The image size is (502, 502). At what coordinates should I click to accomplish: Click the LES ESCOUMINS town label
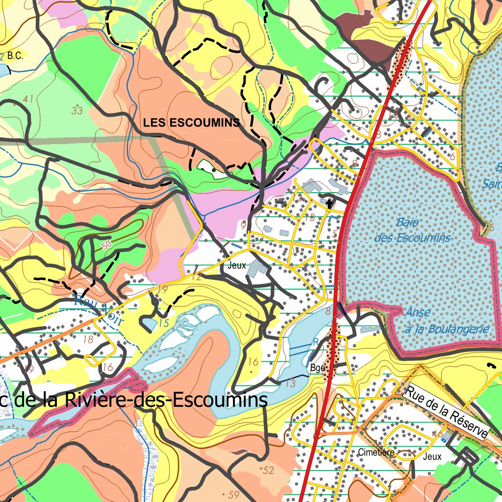pyautogui.click(x=192, y=123)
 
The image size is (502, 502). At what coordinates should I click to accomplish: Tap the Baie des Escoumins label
pyautogui.click(x=412, y=230)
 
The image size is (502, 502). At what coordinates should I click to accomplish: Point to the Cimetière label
pyautogui.click(x=376, y=452)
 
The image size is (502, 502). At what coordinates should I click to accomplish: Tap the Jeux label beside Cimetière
pyautogui.click(x=432, y=456)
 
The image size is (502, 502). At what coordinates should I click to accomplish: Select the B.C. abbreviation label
pyautogui.click(x=15, y=56)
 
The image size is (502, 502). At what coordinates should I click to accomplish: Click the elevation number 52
pyautogui.click(x=268, y=471)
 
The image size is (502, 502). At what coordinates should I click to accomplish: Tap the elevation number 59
pyautogui.click(x=233, y=495)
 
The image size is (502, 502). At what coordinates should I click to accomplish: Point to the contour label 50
pyautogui.click(x=107, y=244)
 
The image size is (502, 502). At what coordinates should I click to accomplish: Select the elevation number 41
pyautogui.click(x=28, y=99)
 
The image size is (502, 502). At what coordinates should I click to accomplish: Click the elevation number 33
pyautogui.click(x=77, y=110)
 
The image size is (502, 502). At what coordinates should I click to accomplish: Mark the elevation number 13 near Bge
pyautogui.click(x=290, y=383)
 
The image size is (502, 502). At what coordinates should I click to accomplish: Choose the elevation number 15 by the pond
pyautogui.click(x=164, y=323)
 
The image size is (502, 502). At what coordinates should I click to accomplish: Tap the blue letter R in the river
pyautogui.click(x=316, y=341)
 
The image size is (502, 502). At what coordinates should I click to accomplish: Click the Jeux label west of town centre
pyautogui.click(x=237, y=265)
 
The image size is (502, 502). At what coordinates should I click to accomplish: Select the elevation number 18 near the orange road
pyautogui.click(x=88, y=339)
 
